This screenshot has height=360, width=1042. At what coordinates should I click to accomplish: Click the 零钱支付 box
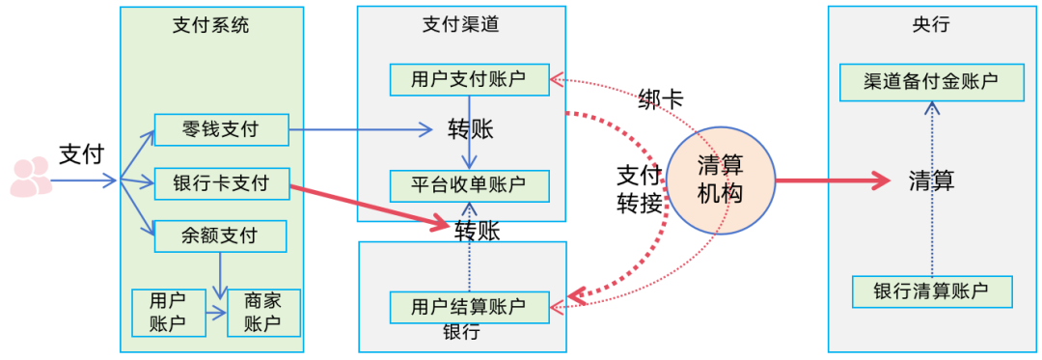click(221, 128)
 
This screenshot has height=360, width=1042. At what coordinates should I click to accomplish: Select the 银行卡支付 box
click(221, 182)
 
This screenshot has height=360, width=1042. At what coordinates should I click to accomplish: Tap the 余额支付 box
click(221, 235)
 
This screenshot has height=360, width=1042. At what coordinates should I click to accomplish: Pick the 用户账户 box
click(168, 312)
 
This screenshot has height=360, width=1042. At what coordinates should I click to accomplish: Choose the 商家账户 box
click(262, 312)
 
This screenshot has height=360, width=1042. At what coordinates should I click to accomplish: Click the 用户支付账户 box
click(469, 79)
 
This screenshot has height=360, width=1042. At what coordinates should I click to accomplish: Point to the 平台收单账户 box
click(469, 184)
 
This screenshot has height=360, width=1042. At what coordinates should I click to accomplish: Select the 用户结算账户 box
click(469, 306)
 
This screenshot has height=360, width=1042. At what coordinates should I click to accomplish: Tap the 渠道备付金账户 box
click(931, 81)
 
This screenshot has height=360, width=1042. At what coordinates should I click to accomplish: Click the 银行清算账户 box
click(931, 291)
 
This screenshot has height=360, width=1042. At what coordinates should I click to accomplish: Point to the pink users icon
click(30, 178)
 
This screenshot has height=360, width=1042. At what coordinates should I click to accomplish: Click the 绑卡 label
click(661, 98)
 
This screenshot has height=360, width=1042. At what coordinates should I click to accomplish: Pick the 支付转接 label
click(639, 189)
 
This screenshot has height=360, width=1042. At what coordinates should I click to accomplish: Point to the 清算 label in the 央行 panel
click(931, 180)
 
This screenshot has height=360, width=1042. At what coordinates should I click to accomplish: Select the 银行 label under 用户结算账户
click(461, 333)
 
